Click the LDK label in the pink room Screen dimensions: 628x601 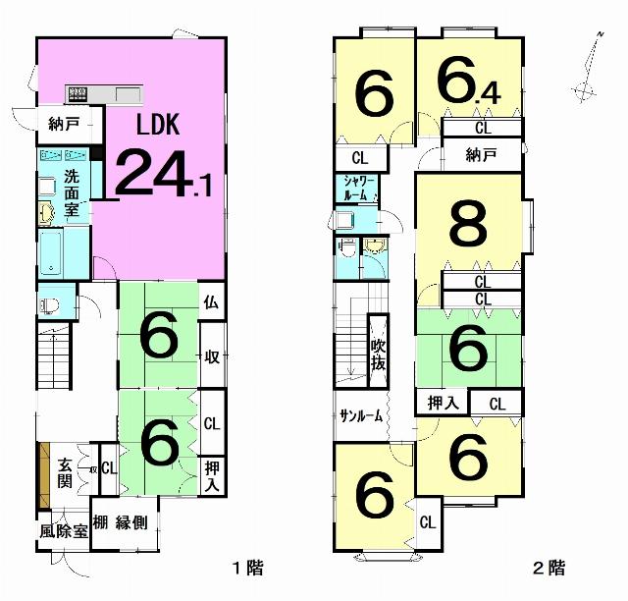click(158, 125)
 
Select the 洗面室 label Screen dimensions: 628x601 click(72, 194)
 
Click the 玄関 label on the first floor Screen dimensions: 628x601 click(65, 473)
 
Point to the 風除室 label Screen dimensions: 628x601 click(64, 531)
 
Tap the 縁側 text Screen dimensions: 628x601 click(131, 523)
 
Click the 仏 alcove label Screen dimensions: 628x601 click(211, 302)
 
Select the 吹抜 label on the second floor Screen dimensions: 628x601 click(379, 355)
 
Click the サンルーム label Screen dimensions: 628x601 click(361, 416)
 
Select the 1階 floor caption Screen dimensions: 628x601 click(248, 568)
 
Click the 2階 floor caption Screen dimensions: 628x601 click(549, 568)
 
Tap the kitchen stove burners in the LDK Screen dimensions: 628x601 click(78, 94)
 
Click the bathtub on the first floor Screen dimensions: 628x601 click(50, 253)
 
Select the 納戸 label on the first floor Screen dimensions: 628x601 click(64, 125)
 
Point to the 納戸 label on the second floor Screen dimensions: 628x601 click(482, 155)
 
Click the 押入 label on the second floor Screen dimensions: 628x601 click(443, 403)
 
